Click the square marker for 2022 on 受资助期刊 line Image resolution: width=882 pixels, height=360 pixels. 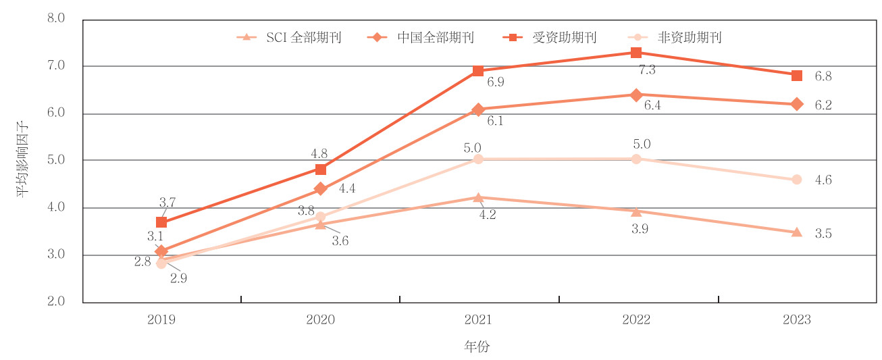[x=636, y=53]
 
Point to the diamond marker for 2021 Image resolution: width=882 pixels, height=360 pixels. [x=478, y=109]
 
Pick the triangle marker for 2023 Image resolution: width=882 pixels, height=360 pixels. [x=796, y=232]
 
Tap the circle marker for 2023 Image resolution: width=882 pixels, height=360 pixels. [x=796, y=180]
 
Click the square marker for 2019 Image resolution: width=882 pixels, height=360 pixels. [x=161, y=222]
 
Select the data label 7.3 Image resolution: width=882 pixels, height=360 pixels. [x=647, y=70]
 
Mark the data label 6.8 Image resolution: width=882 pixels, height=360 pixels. [x=823, y=76]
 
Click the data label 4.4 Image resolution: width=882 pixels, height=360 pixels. [x=347, y=189]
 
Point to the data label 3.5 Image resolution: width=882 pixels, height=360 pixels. [x=823, y=234]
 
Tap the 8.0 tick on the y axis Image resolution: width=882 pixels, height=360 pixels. [x=56, y=18]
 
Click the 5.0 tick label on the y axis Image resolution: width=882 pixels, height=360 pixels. [x=56, y=160]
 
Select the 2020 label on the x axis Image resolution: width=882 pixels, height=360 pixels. [x=320, y=319]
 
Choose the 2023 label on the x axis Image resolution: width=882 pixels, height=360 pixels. [x=796, y=319]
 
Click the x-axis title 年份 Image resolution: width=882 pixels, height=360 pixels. [x=477, y=347]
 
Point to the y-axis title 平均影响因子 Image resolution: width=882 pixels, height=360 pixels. [x=23, y=161]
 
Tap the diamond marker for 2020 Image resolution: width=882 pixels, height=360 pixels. [x=321, y=188]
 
